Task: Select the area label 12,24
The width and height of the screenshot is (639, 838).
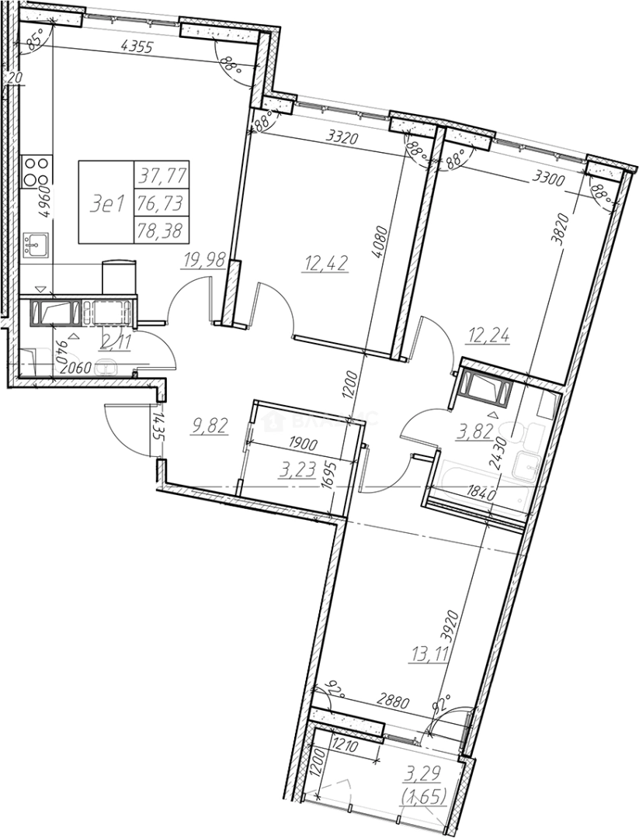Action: click(488, 337)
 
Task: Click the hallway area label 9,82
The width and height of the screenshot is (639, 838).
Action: click(208, 425)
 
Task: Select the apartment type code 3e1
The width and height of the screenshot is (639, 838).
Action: click(108, 204)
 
